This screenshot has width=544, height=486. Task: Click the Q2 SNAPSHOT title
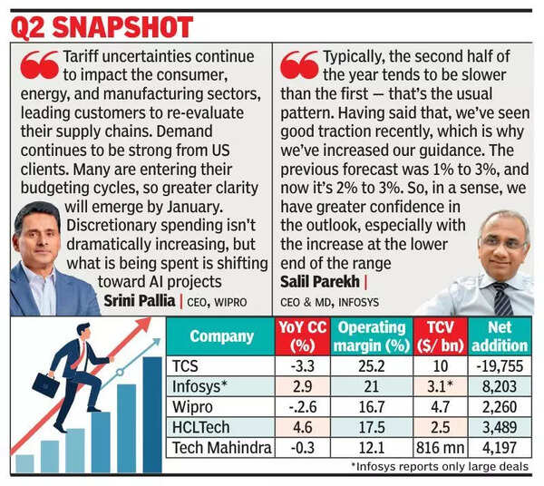click(102, 25)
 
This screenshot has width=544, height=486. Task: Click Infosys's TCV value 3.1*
click(441, 387)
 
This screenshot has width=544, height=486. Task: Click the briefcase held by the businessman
click(44, 384)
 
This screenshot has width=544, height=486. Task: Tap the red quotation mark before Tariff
click(38, 65)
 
